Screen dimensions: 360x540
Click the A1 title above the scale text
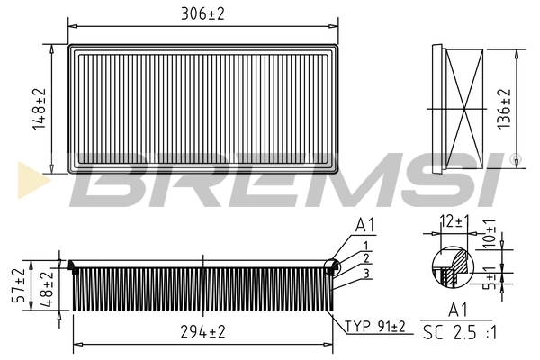(x=456, y=310)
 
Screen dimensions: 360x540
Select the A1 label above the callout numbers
(x=365, y=225)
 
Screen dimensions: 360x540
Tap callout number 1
(x=365, y=245)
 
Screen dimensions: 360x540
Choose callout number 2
(x=365, y=258)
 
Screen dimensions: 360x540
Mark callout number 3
(x=365, y=272)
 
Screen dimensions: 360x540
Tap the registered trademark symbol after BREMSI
(x=514, y=160)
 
